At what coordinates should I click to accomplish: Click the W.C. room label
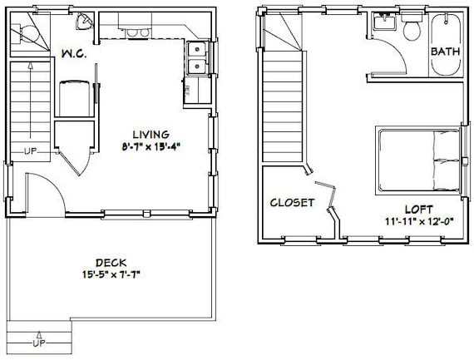[x=74, y=54]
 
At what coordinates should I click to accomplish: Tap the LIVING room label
[x=151, y=134]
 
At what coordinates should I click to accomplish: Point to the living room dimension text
[x=151, y=147]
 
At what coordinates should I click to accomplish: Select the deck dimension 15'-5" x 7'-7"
[x=111, y=274]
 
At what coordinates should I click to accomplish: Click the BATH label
[x=445, y=52]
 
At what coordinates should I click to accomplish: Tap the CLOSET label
[x=292, y=203]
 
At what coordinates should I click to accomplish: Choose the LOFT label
[x=418, y=210]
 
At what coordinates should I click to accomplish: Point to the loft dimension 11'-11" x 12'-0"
[x=420, y=221]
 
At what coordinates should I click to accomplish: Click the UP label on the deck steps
[x=39, y=343]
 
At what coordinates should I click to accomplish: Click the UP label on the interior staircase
[x=31, y=151]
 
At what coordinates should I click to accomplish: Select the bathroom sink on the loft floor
[x=384, y=22]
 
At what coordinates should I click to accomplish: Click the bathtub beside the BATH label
[x=446, y=44]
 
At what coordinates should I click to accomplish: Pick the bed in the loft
[x=418, y=160]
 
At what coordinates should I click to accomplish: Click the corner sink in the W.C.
[x=84, y=21]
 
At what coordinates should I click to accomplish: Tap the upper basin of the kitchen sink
[x=197, y=49]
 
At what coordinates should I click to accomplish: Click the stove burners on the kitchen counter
[x=137, y=32]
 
